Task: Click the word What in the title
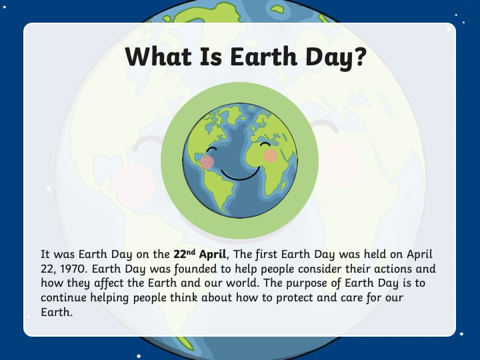pos(158,57)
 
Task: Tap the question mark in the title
pos(359,56)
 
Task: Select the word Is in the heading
pos(211,57)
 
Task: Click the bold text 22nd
pos(184,254)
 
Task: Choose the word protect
pos(295,298)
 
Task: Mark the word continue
pos(64,297)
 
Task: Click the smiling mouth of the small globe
pos(241,175)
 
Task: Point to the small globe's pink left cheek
pos(207,162)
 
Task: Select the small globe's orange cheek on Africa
pos(271,155)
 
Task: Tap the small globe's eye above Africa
pos(265,144)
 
